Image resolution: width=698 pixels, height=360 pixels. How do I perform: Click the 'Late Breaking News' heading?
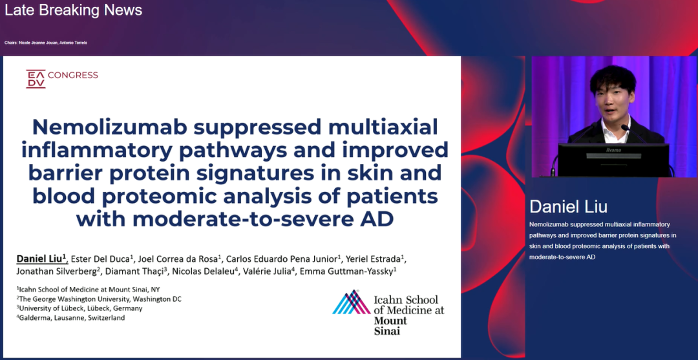click(x=74, y=10)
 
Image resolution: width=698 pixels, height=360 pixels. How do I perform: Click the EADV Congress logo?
click(x=62, y=79)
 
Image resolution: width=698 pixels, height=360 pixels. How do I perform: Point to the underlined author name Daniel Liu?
click(x=42, y=258)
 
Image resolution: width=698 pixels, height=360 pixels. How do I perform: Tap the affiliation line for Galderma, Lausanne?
click(x=71, y=318)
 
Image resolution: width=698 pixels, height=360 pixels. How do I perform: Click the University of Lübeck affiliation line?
click(x=79, y=308)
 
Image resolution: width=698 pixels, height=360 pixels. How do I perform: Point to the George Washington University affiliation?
click(x=100, y=299)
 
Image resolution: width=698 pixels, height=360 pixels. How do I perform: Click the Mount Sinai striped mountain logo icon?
click(x=352, y=302)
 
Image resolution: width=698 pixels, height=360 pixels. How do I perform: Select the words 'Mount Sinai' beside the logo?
click(x=390, y=326)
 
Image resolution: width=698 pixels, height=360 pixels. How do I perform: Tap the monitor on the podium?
click(x=613, y=160)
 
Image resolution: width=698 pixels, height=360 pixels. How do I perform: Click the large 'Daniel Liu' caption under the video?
click(x=569, y=206)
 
